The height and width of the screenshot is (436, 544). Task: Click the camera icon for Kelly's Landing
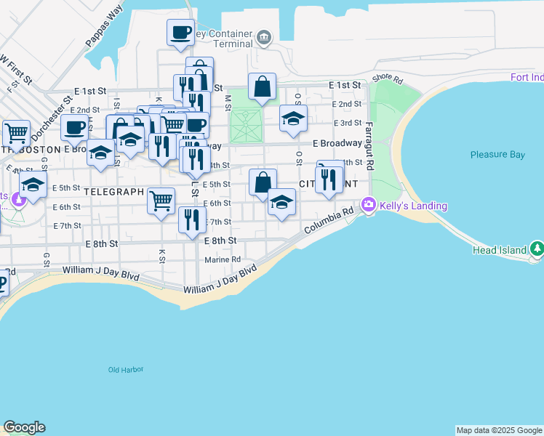369,206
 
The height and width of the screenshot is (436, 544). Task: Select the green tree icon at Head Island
537,249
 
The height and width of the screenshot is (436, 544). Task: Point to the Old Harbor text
126,370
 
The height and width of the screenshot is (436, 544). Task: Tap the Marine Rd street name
223,259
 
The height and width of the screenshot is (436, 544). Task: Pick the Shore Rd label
387,78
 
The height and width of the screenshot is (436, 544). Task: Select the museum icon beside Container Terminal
264,36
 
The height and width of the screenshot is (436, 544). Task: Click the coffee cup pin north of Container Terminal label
180,33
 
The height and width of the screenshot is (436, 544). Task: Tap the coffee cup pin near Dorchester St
74,128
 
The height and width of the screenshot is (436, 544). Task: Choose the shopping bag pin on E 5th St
263,182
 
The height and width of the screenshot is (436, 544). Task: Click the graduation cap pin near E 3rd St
293,118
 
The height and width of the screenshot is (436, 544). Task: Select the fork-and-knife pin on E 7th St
191,219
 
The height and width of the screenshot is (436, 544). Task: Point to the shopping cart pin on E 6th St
161,200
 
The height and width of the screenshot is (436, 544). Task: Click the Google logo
24,427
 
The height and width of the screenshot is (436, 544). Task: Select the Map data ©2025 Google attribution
499,430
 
